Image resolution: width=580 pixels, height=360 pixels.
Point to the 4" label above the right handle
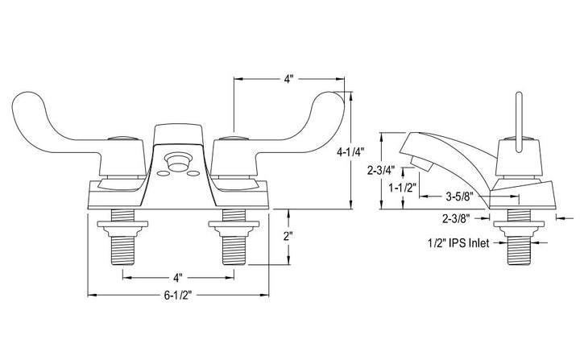[x=288, y=79]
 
